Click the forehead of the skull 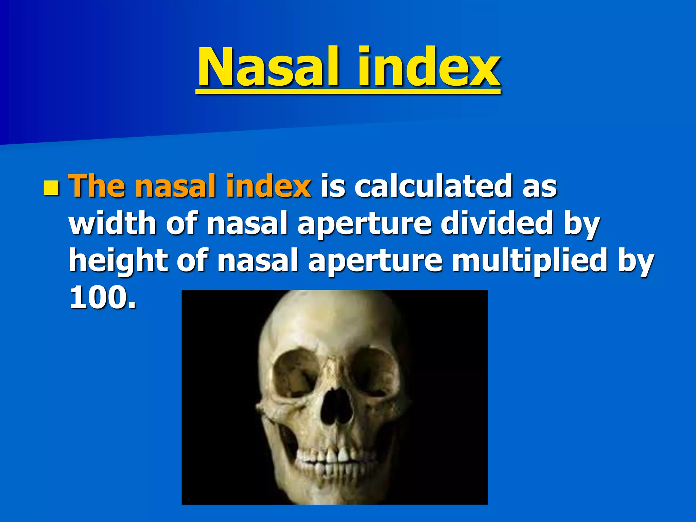[331, 319]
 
